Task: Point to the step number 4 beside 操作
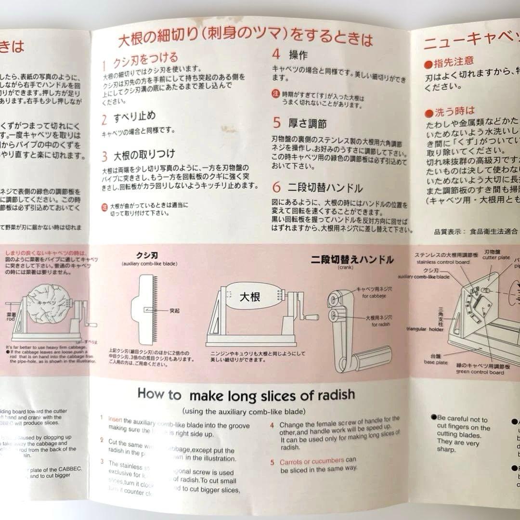point(276,54)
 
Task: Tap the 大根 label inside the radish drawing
point(250,297)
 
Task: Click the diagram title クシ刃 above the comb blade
point(147,256)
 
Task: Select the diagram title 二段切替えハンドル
point(352,260)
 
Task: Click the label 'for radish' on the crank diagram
point(381,325)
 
